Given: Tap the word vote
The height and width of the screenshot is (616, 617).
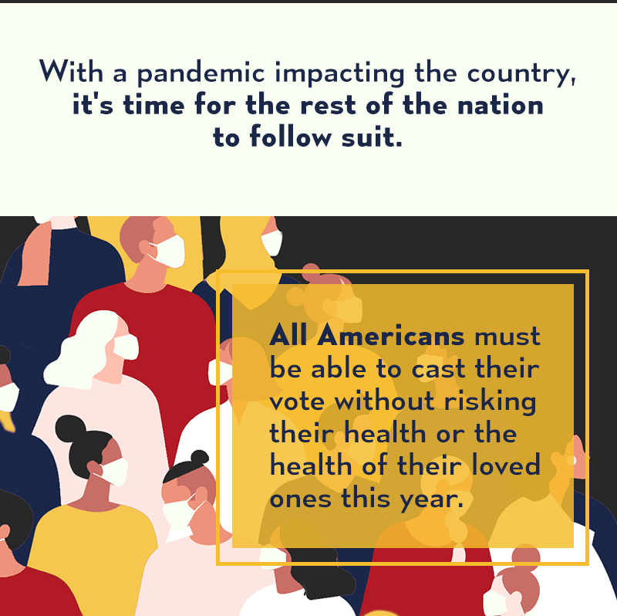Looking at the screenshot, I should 297,401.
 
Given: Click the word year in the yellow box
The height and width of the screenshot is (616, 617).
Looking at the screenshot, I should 429,499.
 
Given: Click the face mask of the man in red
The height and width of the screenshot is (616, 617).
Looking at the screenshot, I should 169,251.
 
